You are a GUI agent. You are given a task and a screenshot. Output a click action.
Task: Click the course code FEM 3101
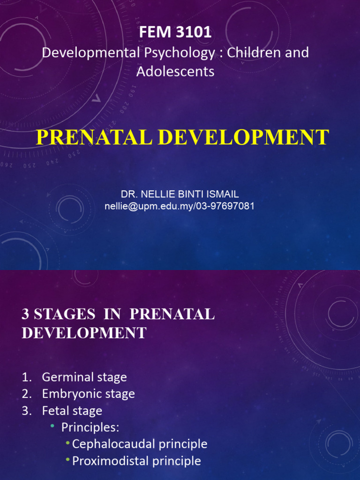click(x=175, y=33)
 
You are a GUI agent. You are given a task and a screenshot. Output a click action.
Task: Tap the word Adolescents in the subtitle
click(x=175, y=71)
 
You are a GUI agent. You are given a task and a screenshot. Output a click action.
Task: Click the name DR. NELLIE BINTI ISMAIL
click(x=180, y=194)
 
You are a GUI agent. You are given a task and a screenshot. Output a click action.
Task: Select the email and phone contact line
click(x=180, y=206)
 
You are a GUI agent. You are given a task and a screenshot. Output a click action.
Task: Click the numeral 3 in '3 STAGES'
click(x=26, y=315)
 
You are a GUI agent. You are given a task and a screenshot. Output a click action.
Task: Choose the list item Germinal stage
click(x=84, y=377)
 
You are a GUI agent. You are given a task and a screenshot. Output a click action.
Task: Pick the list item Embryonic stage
click(x=88, y=394)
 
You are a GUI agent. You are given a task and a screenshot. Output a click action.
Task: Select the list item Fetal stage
click(x=72, y=411)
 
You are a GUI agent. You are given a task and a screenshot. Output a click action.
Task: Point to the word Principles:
click(x=90, y=427)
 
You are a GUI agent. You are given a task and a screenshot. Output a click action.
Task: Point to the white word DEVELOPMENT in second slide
click(x=84, y=333)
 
